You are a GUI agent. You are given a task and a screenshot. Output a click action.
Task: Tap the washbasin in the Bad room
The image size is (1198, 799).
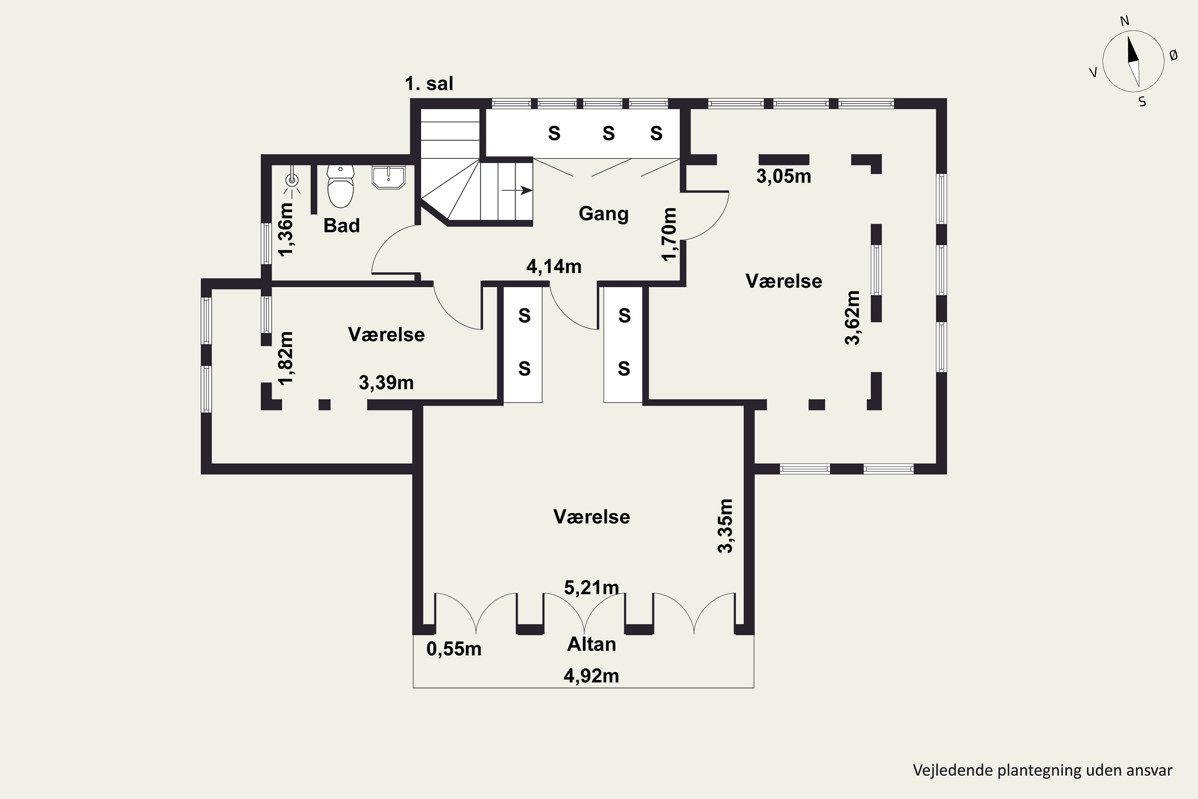point(388,176)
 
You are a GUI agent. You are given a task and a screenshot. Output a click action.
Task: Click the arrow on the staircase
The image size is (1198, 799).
point(517,191)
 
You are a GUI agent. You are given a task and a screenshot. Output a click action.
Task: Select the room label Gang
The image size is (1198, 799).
point(603,213)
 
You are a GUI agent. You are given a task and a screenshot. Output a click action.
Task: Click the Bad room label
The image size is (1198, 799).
point(341,225)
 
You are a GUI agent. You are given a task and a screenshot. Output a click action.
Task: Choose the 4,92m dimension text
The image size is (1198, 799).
point(591,676)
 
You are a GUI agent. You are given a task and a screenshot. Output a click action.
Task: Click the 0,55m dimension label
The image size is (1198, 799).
point(454,649)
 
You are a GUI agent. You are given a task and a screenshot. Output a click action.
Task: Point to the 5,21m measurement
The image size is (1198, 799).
point(591,588)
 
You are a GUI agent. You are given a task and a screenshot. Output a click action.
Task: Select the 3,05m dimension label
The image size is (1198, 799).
point(783,176)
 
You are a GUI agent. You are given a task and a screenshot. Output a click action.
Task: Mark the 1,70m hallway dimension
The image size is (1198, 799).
point(669,234)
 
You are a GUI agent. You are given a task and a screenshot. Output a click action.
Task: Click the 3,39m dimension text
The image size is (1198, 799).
point(386,382)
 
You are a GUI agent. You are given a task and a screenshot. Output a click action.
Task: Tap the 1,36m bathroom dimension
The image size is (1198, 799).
point(286,229)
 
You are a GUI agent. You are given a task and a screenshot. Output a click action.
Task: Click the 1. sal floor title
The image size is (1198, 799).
point(429,83)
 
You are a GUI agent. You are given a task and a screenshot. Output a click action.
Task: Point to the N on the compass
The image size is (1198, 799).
point(1125,21)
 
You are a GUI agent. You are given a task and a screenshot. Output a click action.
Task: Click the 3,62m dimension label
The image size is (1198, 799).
point(852,318)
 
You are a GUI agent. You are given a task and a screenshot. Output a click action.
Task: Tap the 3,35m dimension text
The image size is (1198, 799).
point(725,526)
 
